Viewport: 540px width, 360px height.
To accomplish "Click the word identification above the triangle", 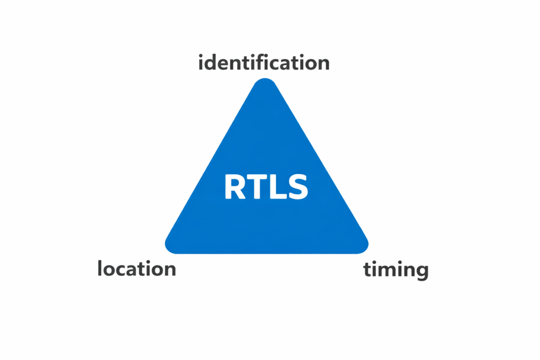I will (x=264, y=63).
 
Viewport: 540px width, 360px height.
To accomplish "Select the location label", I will (x=137, y=269).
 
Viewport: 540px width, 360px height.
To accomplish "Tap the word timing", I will (x=396, y=270).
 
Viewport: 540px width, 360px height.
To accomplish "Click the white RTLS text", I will (x=266, y=187).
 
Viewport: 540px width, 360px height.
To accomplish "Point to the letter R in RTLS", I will (x=235, y=187).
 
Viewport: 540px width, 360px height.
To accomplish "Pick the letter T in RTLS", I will (x=257, y=187).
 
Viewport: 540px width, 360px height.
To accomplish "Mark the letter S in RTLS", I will (x=296, y=187).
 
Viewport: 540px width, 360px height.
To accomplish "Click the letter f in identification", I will (x=265, y=62).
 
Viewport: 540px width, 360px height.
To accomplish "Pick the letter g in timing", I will (x=420, y=272).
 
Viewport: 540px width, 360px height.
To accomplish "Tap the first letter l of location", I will (x=100, y=268).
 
